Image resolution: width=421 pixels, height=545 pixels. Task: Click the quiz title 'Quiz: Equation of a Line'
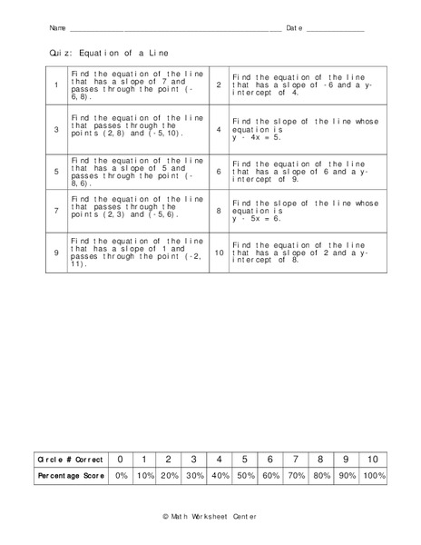(x=110, y=54)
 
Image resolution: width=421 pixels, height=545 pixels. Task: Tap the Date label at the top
(x=294, y=28)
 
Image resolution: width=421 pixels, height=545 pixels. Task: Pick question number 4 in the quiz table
(x=219, y=130)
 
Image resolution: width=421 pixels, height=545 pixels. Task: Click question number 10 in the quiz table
(x=219, y=251)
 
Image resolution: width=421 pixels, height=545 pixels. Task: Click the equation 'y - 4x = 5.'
(x=261, y=138)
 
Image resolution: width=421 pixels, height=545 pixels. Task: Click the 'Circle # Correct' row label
(x=69, y=460)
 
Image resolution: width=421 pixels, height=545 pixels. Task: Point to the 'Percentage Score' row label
(x=69, y=476)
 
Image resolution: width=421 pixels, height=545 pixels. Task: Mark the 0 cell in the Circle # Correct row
(x=121, y=460)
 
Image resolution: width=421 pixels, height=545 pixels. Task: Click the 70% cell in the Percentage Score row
(x=296, y=476)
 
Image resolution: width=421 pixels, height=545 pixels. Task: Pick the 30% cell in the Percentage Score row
(x=194, y=476)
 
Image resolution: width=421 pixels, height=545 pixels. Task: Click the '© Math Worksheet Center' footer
(x=210, y=516)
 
